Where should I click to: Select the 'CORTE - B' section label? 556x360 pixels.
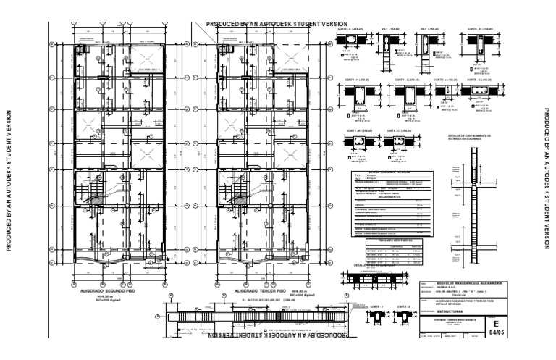(x=359, y=131)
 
